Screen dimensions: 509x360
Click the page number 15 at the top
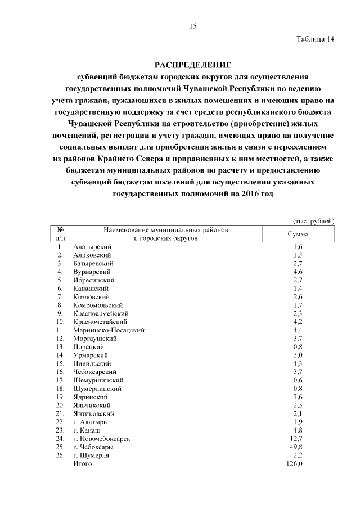pyautogui.click(x=192, y=26)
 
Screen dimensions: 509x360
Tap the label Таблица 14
pyautogui.click(x=315, y=39)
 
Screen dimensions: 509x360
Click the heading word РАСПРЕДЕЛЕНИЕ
pyautogui.click(x=192, y=65)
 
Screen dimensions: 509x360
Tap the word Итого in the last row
pyautogui.click(x=82, y=464)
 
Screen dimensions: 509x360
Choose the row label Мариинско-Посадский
pyautogui.click(x=109, y=330)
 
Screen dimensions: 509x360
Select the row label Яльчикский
pyautogui.click(x=92, y=405)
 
